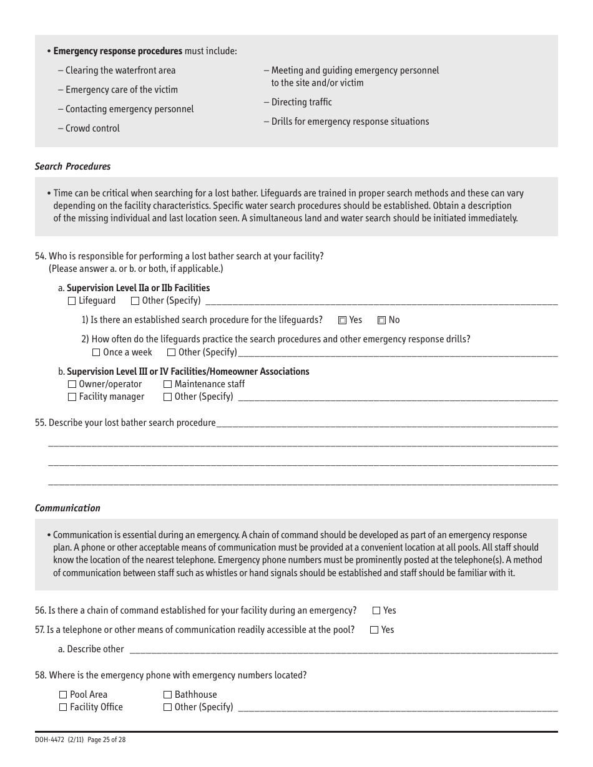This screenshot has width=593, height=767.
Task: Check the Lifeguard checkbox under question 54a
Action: click(71, 301)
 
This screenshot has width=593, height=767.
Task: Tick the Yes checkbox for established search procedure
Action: click(342, 321)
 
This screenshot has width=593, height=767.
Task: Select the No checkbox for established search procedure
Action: click(381, 321)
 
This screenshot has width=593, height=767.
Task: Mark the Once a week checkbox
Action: click(96, 352)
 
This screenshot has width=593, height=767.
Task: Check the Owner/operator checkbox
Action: click(72, 385)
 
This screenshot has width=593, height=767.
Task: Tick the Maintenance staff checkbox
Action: click(167, 385)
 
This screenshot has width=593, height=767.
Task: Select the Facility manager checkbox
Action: click(72, 397)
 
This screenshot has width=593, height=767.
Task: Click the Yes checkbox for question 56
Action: click(376, 611)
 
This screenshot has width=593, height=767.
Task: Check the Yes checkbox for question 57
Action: click(374, 630)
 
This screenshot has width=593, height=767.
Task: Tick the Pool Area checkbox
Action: click(63, 695)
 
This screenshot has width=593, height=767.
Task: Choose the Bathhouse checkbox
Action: click(167, 695)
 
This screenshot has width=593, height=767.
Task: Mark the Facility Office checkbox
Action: click(63, 707)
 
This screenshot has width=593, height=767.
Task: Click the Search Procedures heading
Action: click(72, 166)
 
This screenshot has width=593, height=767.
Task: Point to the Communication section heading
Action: click(67, 508)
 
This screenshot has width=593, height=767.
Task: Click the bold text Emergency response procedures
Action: click(117, 51)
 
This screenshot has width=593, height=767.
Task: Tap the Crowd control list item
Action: click(92, 128)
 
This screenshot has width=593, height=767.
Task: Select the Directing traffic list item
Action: click(301, 102)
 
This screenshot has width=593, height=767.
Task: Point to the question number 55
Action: click(41, 423)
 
